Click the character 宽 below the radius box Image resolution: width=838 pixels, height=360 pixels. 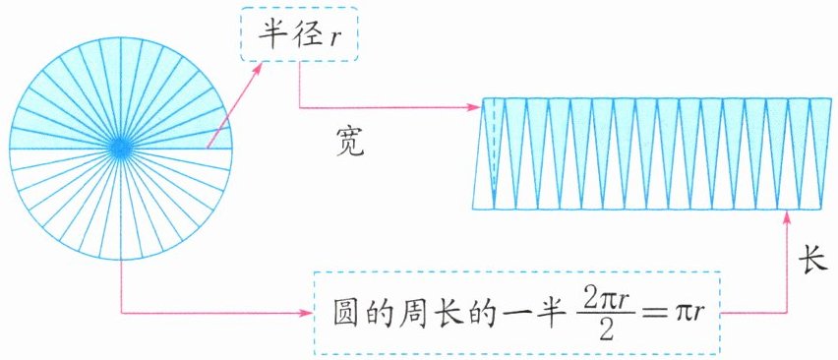pos(350,141)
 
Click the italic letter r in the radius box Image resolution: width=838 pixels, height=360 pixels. pos(334,37)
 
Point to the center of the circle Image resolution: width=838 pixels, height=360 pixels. pos(121,148)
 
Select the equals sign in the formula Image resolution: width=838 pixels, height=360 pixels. pos(649,315)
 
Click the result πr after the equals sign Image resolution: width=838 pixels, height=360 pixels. pos(686,315)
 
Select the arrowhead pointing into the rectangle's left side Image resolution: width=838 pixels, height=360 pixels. pos(475,107)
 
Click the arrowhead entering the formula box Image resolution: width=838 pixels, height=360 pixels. pos(305,313)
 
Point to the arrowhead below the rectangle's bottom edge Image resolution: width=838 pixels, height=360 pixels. pos(786,217)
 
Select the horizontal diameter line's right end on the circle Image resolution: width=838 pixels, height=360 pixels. pos(232,148)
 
